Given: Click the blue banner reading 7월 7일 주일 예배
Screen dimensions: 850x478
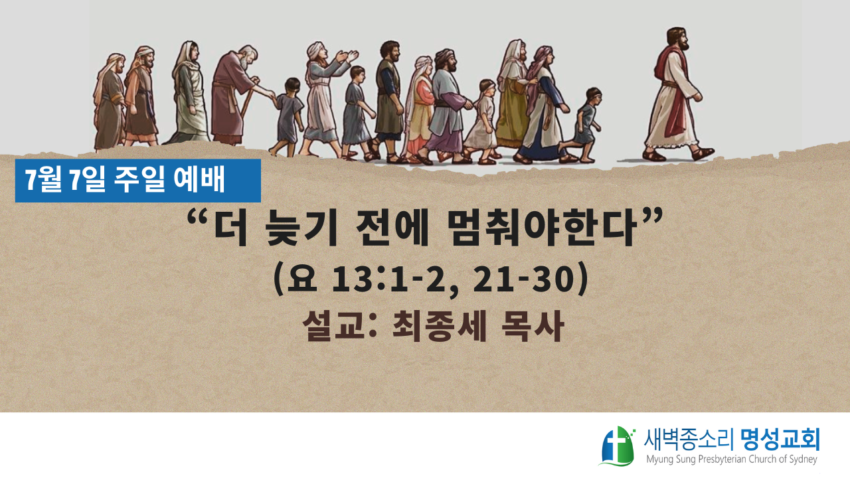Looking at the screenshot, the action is (137, 181).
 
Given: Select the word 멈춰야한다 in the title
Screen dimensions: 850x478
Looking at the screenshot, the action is (541, 229).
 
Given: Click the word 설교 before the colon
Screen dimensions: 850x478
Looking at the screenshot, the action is (333, 326).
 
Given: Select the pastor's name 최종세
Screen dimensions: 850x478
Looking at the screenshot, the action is (439, 326).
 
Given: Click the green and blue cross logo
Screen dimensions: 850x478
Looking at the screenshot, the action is (618, 446).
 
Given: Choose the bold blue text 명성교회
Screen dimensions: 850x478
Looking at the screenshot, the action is (780, 439).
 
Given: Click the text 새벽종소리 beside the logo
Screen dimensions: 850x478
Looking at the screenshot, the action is (690, 440).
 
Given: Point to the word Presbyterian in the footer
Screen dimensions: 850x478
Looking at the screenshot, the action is (726, 459).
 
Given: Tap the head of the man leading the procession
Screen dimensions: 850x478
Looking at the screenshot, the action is (678, 39).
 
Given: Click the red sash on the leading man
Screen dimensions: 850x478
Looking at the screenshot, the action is (671, 91).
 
